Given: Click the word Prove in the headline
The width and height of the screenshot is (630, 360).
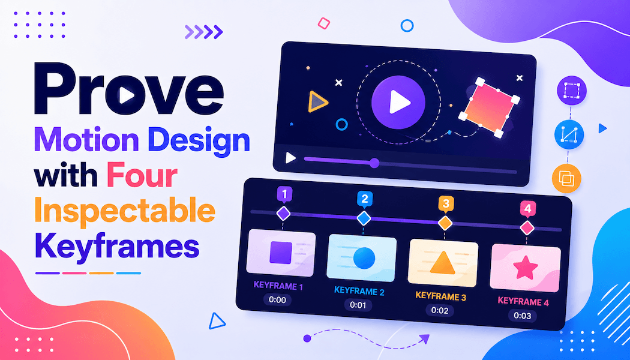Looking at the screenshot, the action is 128,88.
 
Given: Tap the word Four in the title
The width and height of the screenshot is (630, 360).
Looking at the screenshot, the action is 142,176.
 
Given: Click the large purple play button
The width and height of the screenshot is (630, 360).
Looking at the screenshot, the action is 398,102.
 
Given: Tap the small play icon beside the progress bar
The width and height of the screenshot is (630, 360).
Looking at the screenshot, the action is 290,158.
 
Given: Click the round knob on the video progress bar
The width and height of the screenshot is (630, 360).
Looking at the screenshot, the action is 374,163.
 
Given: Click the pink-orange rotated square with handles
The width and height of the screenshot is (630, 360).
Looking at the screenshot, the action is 489,107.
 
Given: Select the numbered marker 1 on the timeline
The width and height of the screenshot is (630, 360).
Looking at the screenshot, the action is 284,195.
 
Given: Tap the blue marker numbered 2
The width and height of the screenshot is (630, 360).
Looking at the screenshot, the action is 365,199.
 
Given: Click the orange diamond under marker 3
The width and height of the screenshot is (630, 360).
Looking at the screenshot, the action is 445,223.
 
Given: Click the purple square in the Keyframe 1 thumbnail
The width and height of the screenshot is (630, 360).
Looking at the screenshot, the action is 280,253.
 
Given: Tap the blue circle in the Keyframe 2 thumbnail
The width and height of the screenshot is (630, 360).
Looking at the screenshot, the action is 364,257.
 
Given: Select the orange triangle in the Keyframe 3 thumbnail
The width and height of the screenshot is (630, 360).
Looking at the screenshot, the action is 442,263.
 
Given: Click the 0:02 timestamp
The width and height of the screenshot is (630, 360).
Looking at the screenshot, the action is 440,310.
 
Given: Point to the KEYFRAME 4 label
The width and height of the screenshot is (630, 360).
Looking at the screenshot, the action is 523,301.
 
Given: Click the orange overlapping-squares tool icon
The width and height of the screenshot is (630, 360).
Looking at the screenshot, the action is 566,178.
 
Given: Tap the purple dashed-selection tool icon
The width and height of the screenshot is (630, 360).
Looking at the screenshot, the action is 572,91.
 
